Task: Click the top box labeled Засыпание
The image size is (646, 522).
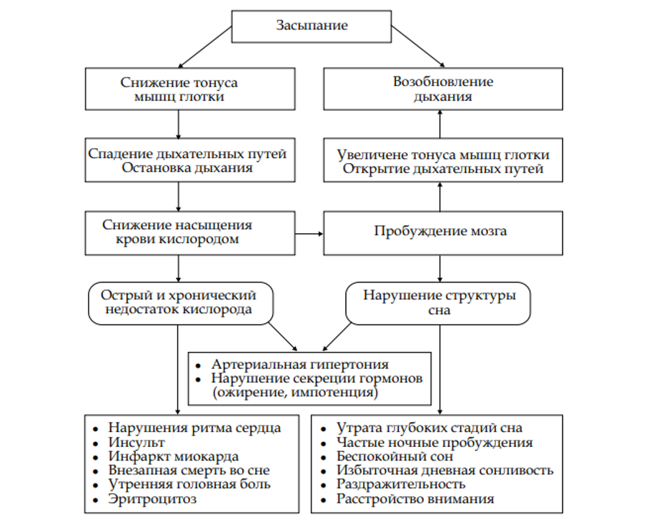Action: coord(312,26)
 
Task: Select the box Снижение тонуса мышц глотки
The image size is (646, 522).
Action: coord(179,89)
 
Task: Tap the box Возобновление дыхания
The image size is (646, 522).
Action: coord(442,89)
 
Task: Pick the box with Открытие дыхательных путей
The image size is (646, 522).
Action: coord(442,169)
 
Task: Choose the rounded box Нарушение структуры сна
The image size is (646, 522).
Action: coord(439,302)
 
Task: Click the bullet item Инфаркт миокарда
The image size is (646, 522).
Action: coord(174,456)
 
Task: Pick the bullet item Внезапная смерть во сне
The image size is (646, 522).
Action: coord(189,471)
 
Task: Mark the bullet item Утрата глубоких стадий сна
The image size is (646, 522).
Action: coord(429,428)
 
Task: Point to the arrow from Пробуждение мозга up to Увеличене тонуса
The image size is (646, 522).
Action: coord(439,197)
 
